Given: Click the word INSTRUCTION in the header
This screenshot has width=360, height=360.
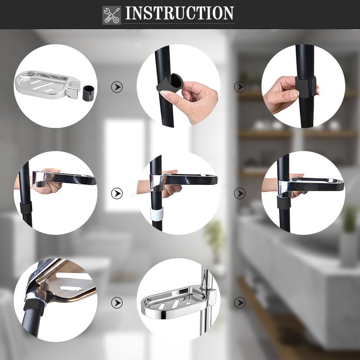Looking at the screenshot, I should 180,13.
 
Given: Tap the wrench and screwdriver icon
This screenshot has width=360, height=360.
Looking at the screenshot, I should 112,14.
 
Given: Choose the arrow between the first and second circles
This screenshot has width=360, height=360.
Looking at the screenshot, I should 117,87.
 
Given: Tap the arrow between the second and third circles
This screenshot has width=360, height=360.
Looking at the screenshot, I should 240,87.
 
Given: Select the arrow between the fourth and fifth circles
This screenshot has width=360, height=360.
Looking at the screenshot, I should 117,193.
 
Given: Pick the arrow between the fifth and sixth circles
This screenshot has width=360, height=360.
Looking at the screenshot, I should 240,193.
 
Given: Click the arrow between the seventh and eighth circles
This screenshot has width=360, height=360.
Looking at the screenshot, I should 117,302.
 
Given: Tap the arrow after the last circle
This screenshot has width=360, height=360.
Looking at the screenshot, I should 240,302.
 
